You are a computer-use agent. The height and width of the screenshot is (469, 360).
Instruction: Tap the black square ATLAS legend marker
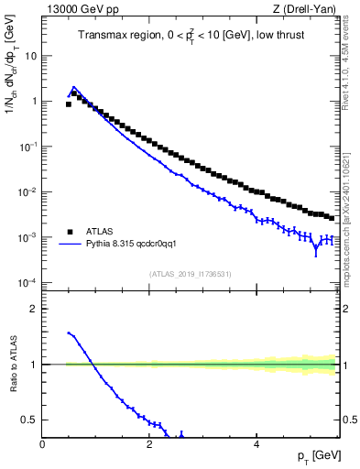(70, 233)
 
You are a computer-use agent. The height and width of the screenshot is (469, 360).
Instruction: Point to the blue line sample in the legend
(70, 245)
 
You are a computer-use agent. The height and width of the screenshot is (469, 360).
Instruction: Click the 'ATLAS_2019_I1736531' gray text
(190, 273)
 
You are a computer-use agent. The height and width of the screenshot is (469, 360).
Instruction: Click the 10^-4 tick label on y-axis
(27, 282)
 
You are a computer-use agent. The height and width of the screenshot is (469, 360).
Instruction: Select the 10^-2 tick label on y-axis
(27, 191)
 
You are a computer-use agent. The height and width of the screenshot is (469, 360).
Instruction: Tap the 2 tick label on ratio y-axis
(33, 309)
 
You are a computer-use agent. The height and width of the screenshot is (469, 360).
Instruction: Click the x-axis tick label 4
(256, 443)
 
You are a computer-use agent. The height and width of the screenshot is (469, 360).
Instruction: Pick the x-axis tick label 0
(42, 443)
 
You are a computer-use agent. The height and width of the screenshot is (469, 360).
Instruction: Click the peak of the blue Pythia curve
(74, 87)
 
